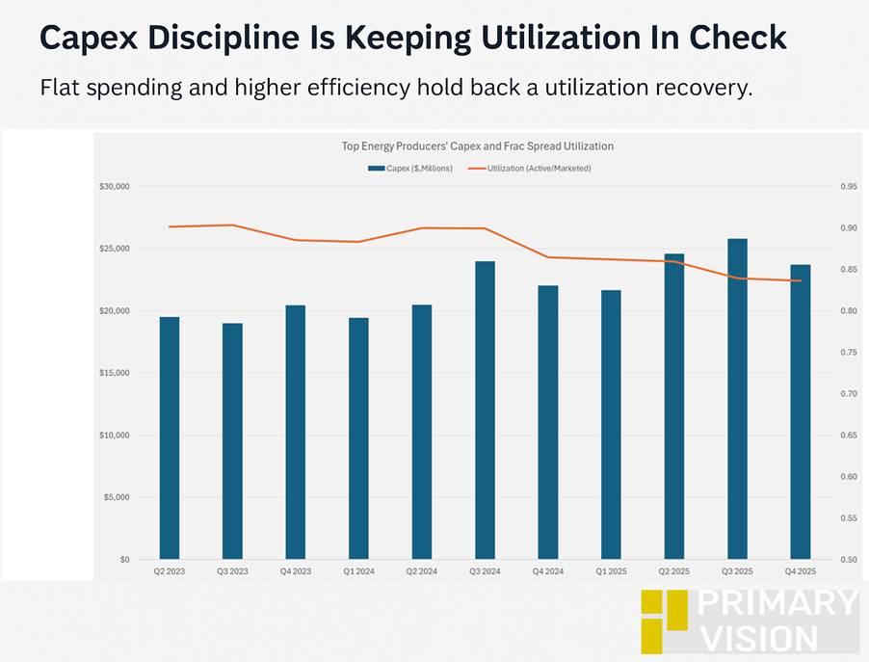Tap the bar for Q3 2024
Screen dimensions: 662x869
click(485, 410)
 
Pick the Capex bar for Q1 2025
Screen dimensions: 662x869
click(611, 425)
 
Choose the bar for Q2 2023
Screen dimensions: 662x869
click(170, 438)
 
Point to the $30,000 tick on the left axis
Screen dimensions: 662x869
click(115, 187)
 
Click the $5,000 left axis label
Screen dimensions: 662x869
click(117, 498)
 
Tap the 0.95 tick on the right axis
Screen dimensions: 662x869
click(848, 187)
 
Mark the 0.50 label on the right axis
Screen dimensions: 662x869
click(848, 560)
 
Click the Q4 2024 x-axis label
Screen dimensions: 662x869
click(547, 571)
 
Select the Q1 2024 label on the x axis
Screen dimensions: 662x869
click(358, 571)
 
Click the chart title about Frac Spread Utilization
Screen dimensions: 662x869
click(478, 146)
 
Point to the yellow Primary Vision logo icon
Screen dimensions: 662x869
click(665, 621)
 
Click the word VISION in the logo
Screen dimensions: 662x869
click(759, 637)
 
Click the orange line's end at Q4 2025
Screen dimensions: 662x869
click(801, 280)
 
